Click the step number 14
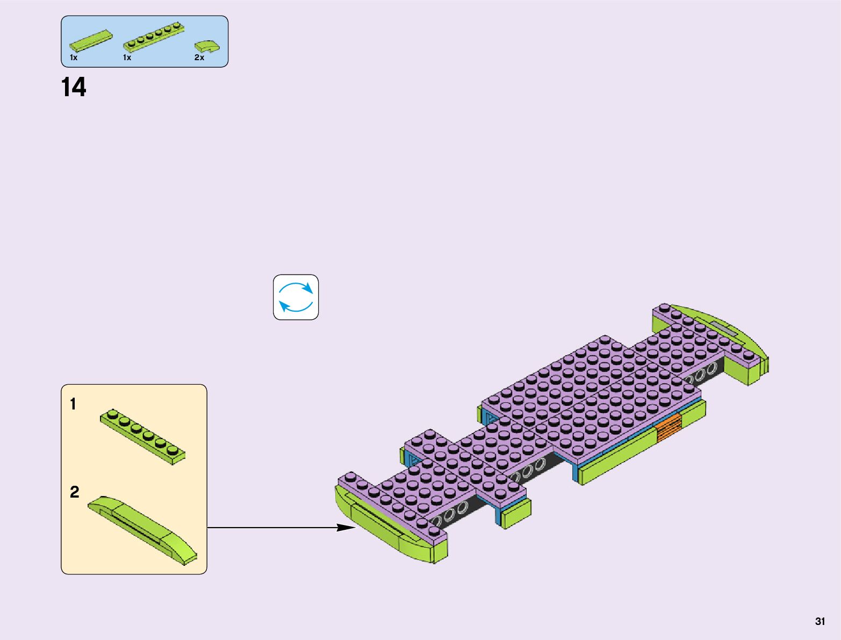(x=74, y=88)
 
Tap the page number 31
(x=820, y=622)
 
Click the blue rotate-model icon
(x=296, y=297)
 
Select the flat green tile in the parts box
(x=91, y=39)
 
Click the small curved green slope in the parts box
(x=207, y=46)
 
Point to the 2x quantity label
(x=199, y=57)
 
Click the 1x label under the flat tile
(x=74, y=57)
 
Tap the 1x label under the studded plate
(x=127, y=57)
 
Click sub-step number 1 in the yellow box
(x=73, y=404)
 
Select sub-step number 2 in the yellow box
(x=74, y=492)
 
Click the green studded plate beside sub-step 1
(x=143, y=436)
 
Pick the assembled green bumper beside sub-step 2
(x=143, y=530)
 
